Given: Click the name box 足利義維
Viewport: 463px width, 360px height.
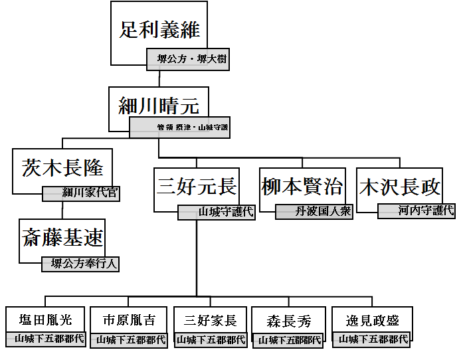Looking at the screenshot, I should pyautogui.click(x=160, y=30).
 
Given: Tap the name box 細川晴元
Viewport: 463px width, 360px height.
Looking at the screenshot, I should pyautogui.click(x=159, y=106).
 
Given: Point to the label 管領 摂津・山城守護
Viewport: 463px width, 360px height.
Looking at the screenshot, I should pyautogui.click(x=179, y=128).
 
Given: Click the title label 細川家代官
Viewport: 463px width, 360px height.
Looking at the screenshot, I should pyautogui.click(x=81, y=193).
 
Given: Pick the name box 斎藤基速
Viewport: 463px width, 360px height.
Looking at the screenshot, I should pyautogui.click(x=63, y=237).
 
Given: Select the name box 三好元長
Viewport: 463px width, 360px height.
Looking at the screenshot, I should pyautogui.click(x=195, y=185).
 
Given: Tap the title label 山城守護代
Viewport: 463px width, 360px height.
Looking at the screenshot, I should pyautogui.click(x=217, y=212).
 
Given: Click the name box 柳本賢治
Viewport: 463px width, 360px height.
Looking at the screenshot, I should pyautogui.click(x=302, y=185).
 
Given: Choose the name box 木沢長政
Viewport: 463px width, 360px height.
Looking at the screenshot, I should pyautogui.click(x=399, y=185).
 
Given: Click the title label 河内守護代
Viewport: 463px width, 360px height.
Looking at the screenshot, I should pyautogui.click(x=417, y=211).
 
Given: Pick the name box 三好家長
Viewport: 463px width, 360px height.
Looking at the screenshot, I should pyautogui.click(x=210, y=319).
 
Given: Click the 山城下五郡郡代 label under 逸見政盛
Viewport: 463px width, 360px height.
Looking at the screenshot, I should pyautogui.click(x=372, y=339).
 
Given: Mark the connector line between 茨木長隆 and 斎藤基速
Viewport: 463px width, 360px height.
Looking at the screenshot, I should pyautogui.click(x=63, y=210).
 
